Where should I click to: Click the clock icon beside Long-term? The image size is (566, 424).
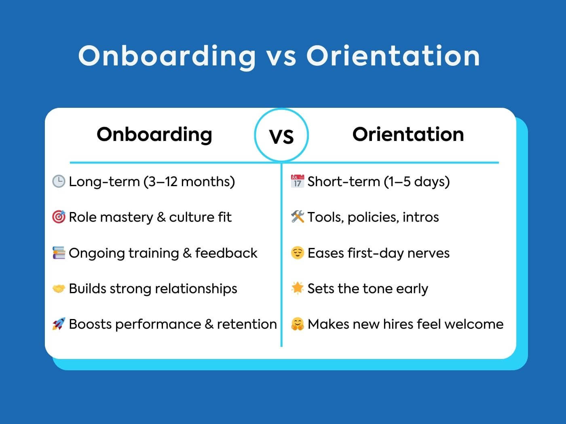click(59, 181)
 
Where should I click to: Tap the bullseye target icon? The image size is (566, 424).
click(59, 217)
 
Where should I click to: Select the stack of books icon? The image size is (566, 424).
click(59, 252)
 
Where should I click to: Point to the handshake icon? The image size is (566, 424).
click(59, 289)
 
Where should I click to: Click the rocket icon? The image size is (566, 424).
click(59, 324)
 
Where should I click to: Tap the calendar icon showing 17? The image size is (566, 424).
click(298, 181)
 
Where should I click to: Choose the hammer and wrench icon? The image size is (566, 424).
click(298, 216)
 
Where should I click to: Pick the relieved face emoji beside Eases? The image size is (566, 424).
click(298, 252)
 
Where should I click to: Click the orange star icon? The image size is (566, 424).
click(298, 288)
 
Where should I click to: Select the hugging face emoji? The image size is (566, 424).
click(298, 324)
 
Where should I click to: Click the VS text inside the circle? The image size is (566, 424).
click(281, 136)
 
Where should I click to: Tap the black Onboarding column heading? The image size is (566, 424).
click(154, 135)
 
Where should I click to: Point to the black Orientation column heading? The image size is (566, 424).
click(408, 134)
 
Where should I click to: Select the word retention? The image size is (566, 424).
click(247, 324)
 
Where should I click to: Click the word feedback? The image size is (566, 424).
click(226, 253)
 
